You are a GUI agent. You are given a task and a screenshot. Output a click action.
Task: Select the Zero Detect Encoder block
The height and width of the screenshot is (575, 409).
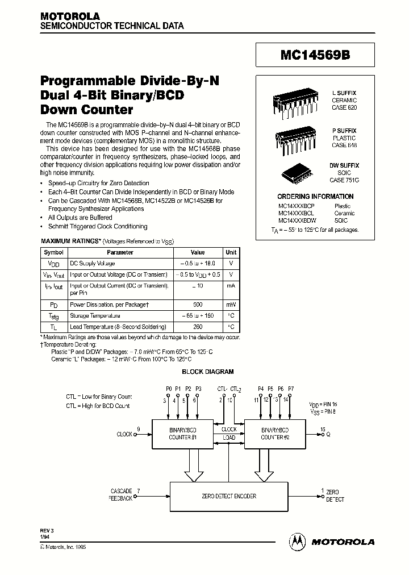[229, 496]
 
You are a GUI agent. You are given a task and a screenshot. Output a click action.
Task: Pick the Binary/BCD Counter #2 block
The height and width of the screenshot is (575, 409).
[275, 434]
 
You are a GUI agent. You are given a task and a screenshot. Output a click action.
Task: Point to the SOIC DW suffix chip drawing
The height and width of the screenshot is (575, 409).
[296, 172]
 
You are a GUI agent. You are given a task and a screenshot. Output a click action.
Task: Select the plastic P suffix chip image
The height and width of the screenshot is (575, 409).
[294, 136]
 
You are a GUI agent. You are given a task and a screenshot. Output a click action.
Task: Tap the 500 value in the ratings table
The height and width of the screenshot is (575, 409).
[198, 304]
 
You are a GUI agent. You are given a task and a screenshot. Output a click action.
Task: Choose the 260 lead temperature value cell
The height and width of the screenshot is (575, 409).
[198, 327]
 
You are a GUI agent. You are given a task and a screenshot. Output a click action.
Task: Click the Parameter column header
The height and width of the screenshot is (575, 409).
[120, 252]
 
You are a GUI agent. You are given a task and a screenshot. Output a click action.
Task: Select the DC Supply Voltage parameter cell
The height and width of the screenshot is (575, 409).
[92, 264]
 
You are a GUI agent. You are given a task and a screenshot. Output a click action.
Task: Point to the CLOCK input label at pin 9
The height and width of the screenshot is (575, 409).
[124, 434]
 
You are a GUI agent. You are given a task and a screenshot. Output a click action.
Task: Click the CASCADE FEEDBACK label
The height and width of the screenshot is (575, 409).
[120, 494]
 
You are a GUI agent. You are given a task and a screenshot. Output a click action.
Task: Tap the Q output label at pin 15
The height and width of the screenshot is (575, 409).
[327, 434]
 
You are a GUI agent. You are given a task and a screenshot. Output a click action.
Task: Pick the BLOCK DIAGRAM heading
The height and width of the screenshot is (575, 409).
[207, 372]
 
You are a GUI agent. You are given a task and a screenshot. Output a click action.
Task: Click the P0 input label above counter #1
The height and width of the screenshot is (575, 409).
[169, 389]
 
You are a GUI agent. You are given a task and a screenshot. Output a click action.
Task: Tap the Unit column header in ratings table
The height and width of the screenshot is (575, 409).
[231, 252]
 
